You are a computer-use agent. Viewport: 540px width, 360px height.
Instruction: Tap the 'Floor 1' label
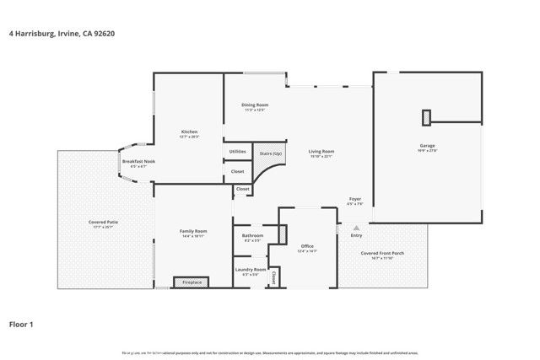pos(24,323)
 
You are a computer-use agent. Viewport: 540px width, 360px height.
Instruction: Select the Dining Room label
pos(256,105)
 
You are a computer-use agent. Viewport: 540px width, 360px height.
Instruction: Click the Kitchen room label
pos(190,132)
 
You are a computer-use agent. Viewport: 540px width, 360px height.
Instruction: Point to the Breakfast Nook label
pos(138,161)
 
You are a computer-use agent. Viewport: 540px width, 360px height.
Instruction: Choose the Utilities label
pos(237,152)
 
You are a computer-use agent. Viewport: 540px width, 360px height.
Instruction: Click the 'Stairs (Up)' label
pos(269,154)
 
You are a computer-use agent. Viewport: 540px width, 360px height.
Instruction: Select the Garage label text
pos(428,146)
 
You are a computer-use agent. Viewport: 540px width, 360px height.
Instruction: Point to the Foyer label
pos(355,199)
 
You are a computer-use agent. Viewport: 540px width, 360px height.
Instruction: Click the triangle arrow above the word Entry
pos(356,227)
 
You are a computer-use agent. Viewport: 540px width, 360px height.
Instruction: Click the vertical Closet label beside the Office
pos(274,277)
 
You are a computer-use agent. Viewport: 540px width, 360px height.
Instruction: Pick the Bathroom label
pos(252,235)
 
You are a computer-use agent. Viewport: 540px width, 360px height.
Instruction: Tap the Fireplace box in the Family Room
pos(192,282)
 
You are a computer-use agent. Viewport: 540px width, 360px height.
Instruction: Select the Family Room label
pos(193,231)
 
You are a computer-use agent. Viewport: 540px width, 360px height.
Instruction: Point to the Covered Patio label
pos(104,222)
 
